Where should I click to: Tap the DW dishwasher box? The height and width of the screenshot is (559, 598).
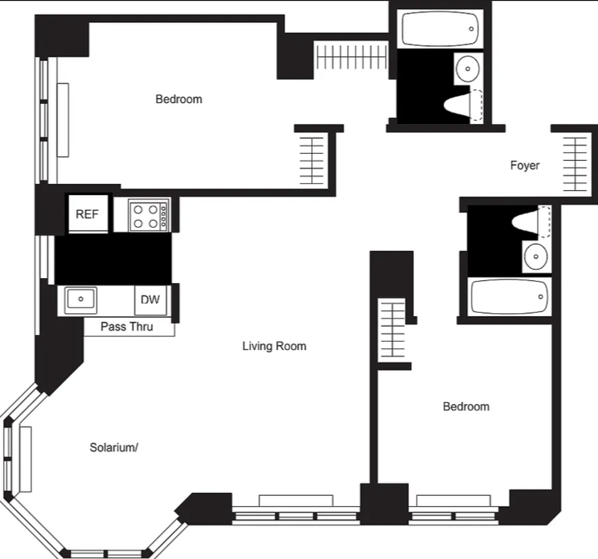pos(150,300)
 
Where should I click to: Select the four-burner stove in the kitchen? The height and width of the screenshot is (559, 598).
pos(148,215)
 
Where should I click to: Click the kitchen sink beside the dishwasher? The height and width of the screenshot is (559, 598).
pos(81,299)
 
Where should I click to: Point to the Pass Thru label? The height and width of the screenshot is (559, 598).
pos(127,326)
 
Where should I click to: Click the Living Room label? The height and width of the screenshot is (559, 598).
pos(275,346)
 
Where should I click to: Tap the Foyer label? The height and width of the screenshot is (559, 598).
pos(525,165)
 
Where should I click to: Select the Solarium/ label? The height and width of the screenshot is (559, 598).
pos(114,447)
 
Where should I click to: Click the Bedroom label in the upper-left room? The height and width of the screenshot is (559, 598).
pos(179,99)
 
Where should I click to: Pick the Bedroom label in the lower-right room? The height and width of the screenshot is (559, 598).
pos(466,407)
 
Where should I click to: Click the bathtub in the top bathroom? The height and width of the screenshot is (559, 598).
pos(440,29)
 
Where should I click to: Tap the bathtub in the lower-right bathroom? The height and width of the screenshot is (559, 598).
pos(509,297)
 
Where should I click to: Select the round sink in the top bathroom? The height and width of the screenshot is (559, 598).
pos(468,69)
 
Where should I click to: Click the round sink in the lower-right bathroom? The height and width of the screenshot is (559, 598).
pos(536,256)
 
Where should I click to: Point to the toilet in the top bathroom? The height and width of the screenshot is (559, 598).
pos(464,106)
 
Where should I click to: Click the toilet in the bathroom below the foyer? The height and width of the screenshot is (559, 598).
pos(531,222)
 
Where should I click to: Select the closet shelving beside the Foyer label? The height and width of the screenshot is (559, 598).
pos(575,164)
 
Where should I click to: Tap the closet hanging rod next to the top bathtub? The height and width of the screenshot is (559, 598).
pos(351,57)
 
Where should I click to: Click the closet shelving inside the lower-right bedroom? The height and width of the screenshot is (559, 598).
pos(392,329)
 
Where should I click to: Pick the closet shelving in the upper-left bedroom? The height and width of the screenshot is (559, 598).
pos(312,161)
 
